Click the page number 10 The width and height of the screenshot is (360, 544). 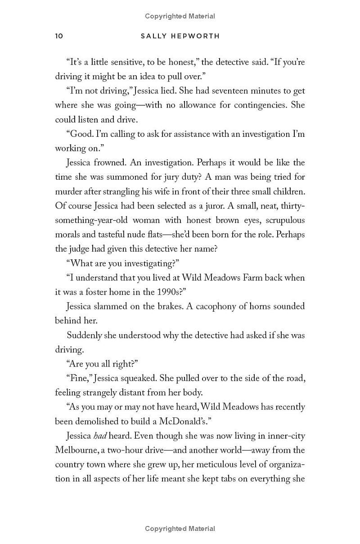click(59, 36)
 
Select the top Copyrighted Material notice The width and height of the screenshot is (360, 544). click(180, 16)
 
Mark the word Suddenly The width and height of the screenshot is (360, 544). click(85, 335)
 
